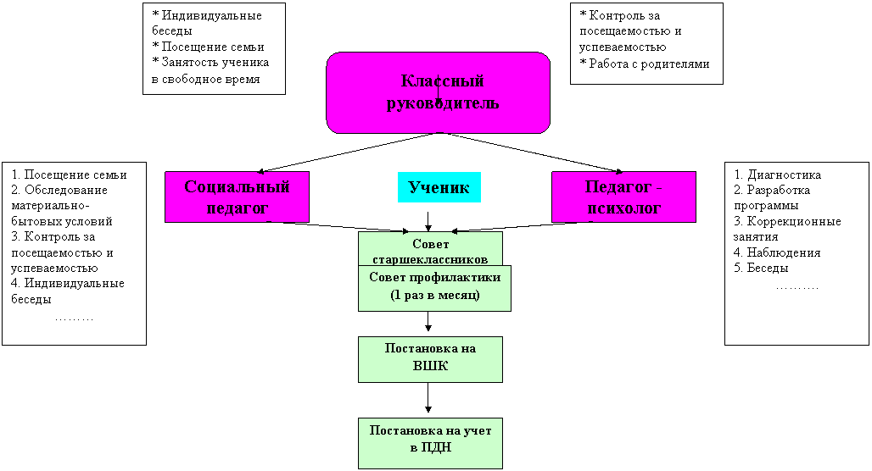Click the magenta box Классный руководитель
pos(439,92)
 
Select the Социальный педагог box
pos(237,197)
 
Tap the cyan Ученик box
pos(439,187)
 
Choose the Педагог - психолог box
pos(623,197)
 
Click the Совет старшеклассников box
pos(430,248)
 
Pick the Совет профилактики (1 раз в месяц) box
pos(434,288)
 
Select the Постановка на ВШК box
pos(430,359)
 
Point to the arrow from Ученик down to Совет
pos(428,221)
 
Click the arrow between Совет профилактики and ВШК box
pos(428,322)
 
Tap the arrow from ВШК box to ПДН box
pos(428,397)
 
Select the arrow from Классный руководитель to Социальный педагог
pos(349,152)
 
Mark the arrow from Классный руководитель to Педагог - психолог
pos(532,152)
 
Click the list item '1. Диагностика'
pos(778,175)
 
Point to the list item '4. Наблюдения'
pos(777,252)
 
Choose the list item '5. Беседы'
pos(761,268)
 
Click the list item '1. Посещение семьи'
pos(69,175)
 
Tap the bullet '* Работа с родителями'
pos(645,64)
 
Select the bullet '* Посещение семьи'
pos(208,47)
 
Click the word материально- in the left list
pos(50,206)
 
